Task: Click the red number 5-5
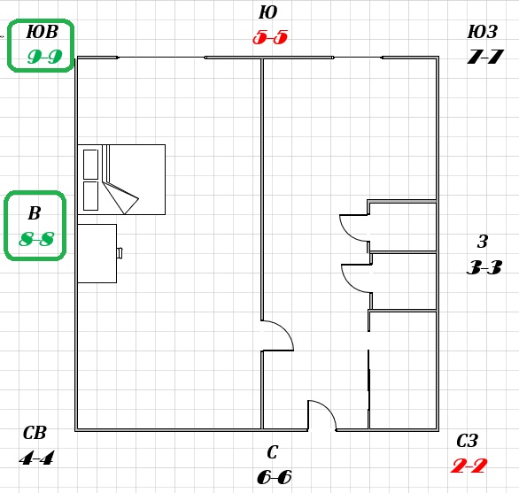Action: (270, 37)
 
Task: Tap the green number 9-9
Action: (44, 57)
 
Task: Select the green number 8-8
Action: (36, 239)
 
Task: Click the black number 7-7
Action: (485, 57)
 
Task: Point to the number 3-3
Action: (484, 267)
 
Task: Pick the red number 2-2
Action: (469, 466)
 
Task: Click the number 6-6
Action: (275, 477)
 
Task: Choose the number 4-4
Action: (36, 458)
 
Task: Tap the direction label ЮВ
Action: (42, 32)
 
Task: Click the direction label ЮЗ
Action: (483, 32)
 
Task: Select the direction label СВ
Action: (35, 433)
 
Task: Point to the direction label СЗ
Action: (467, 441)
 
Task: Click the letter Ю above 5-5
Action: (267, 12)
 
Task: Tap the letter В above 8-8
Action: (35, 213)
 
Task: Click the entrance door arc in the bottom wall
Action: (329, 409)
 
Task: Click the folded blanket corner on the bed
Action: (120, 197)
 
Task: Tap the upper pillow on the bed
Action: (90, 165)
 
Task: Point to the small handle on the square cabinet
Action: (120, 253)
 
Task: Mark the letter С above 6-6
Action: (272, 452)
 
